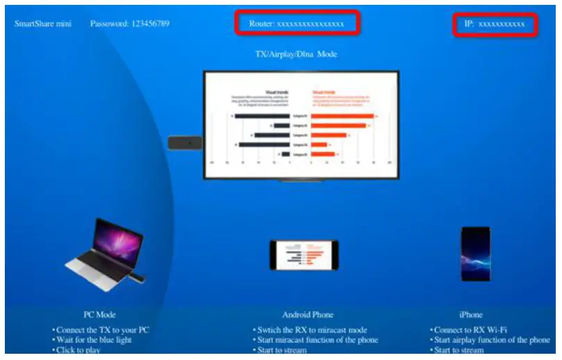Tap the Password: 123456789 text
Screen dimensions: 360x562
(x=129, y=24)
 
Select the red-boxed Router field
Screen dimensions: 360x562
(x=297, y=24)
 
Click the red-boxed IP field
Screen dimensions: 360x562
(x=495, y=24)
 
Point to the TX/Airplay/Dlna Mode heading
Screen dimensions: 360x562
(x=297, y=54)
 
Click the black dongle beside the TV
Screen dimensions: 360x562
(x=185, y=142)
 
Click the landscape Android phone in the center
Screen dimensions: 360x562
(x=304, y=255)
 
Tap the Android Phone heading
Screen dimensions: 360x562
(x=308, y=315)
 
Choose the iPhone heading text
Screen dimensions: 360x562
(x=470, y=315)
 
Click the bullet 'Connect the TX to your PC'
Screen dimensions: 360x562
(x=101, y=329)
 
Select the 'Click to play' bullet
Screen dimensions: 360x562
(x=78, y=350)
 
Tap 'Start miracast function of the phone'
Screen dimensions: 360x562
(x=316, y=340)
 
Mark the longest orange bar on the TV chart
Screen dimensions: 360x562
(x=342, y=115)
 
